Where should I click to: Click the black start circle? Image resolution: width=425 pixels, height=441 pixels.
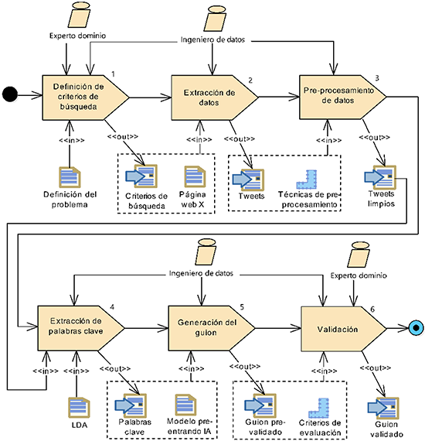tap(10, 94)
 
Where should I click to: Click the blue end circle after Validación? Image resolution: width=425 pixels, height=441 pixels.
tap(416, 328)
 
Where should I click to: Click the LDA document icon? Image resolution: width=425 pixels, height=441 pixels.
tap(79, 408)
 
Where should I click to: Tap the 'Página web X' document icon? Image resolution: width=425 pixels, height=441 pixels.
tap(195, 176)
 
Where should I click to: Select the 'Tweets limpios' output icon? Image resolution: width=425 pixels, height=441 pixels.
tap(380, 177)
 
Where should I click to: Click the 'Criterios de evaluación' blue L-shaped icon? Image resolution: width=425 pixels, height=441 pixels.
tap(318, 408)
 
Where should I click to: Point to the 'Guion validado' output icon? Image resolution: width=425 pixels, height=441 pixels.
tap(383, 408)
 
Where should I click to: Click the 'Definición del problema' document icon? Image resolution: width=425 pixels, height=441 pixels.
tap(70, 177)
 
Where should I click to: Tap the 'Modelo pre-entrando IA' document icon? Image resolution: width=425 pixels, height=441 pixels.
tap(185, 405)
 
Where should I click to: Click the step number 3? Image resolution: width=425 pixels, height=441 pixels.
tap(377, 78)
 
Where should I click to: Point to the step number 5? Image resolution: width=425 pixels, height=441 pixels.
tap(242, 307)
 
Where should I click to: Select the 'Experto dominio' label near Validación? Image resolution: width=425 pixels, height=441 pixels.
tap(359, 275)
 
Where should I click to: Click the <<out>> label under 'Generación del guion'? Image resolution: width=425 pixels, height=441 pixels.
tap(245, 367)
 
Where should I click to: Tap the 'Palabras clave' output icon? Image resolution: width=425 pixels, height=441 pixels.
tap(131, 405)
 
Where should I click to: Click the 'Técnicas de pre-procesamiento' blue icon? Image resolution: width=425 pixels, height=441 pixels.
tap(307, 179)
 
